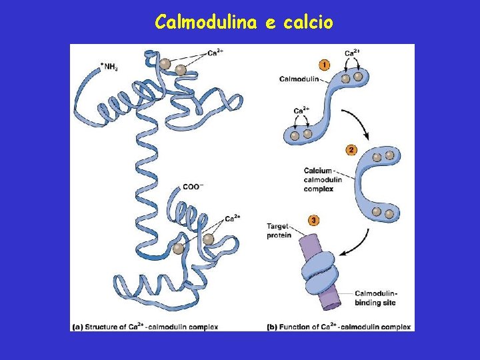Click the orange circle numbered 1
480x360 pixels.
324,65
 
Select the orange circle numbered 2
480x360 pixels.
351,150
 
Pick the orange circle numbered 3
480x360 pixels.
313,220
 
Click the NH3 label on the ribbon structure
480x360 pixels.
109,67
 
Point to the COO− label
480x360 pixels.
193,187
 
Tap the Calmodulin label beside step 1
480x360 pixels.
299,79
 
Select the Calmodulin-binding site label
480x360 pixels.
375,298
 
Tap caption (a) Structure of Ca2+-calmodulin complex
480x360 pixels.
145,327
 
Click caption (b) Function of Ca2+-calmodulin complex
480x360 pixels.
339,327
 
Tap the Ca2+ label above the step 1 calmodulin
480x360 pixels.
353,53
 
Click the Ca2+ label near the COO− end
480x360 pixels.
232,219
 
